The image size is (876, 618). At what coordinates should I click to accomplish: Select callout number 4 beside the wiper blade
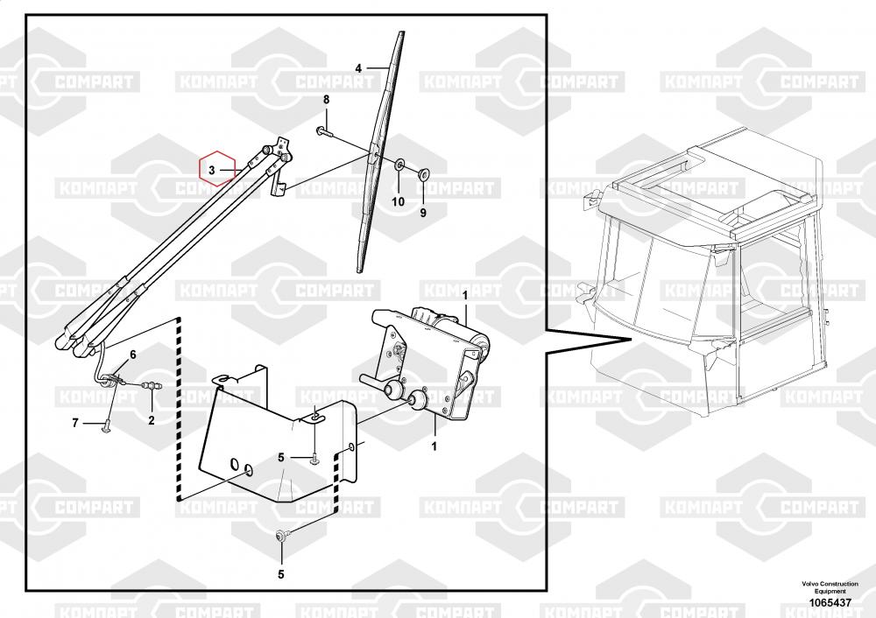click(x=358, y=68)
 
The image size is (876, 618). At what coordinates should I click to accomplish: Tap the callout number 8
click(x=326, y=101)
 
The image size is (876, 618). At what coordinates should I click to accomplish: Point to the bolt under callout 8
click(x=323, y=131)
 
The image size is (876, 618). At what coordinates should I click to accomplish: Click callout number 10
click(x=398, y=201)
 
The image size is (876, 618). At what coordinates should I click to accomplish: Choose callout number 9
click(x=422, y=212)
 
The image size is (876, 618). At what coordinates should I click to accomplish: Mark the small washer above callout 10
click(x=399, y=164)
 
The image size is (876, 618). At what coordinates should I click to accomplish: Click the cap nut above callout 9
click(x=422, y=172)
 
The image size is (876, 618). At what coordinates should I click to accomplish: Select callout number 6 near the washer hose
click(x=133, y=355)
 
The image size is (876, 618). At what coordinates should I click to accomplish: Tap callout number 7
click(x=75, y=423)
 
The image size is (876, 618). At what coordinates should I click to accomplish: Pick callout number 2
click(x=151, y=420)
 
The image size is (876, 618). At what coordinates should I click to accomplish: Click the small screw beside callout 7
click(x=104, y=426)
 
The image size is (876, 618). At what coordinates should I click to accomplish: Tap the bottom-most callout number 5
click(x=281, y=574)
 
